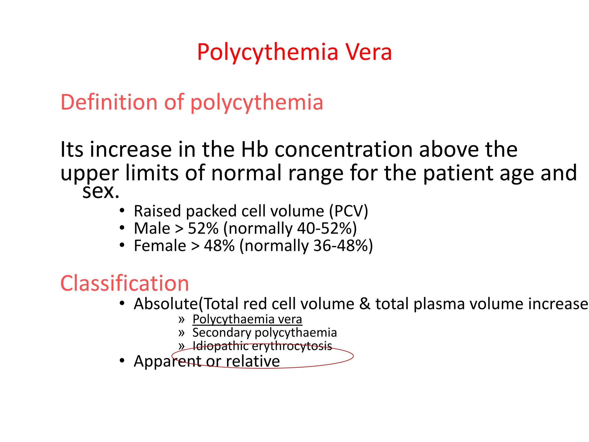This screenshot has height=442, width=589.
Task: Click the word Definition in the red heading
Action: coord(109,102)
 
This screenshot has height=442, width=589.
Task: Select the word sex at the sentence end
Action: coord(100,191)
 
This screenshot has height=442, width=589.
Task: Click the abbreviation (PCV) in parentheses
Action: coord(348,211)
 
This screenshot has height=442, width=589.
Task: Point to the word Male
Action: coord(152,228)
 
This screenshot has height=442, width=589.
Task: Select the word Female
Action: coord(160,246)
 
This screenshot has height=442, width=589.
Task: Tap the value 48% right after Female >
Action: coord(219,246)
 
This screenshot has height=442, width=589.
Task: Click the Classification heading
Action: coord(125,283)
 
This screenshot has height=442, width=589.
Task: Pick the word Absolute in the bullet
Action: coord(166,304)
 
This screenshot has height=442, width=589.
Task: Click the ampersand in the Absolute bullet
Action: coord(365,304)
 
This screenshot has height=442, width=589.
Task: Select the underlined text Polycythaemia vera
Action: coord(247,319)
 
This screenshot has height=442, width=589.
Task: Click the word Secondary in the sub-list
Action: coord(222,333)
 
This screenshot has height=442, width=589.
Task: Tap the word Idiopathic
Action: coord(220,346)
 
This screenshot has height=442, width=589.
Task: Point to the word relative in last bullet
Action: coord(253,361)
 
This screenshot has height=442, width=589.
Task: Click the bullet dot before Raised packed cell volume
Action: coord(122,211)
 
